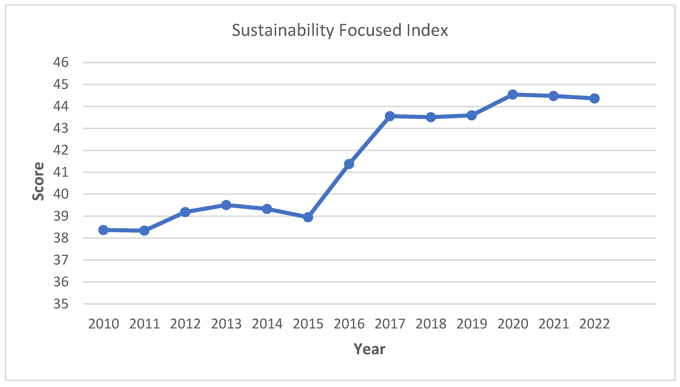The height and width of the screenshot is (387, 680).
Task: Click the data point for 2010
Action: pyautogui.click(x=103, y=230)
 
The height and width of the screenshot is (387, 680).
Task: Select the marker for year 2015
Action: pyautogui.click(x=308, y=217)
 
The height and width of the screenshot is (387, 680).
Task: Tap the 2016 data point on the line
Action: pyautogui.click(x=349, y=164)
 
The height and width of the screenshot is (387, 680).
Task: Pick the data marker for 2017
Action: pyautogui.click(x=390, y=116)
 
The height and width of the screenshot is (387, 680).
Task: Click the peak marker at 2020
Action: pyautogui.click(x=512, y=94)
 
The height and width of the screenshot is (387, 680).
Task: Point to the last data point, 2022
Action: pyautogui.click(x=594, y=98)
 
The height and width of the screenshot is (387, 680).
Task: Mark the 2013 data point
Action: pyautogui.click(x=226, y=205)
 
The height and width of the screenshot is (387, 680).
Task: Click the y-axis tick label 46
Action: pyautogui.click(x=61, y=62)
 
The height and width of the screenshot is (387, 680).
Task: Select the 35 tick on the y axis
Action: pyautogui.click(x=61, y=304)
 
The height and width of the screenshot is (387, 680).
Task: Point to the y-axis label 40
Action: pyautogui.click(x=61, y=194)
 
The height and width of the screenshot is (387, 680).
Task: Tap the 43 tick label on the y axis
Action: pyautogui.click(x=61, y=128)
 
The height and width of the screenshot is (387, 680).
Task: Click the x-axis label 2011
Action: pyautogui.click(x=144, y=324)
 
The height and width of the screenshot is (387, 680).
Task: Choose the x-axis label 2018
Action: pyautogui.click(x=431, y=324)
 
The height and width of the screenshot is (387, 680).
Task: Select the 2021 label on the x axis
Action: pyautogui.click(x=553, y=324)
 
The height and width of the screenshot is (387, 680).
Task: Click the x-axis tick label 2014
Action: pyautogui.click(x=267, y=324)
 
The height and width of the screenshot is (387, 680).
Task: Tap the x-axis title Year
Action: pyautogui.click(x=369, y=349)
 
